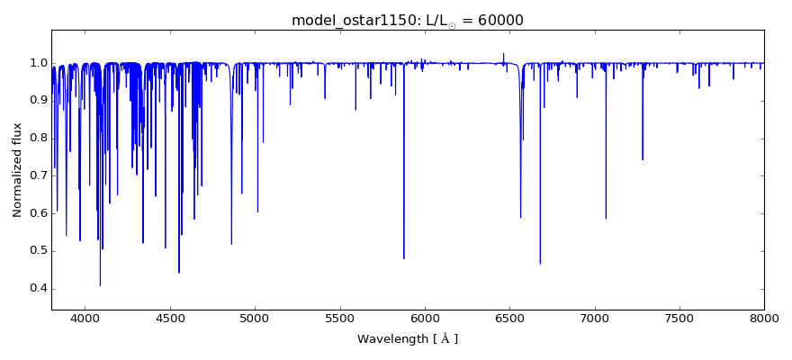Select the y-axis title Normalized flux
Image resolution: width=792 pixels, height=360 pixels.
point(18,170)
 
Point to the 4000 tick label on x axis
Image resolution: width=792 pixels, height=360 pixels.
point(85,319)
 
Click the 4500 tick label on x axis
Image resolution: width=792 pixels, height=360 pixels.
point(169,319)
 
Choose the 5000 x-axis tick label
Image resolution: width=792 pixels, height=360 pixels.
point(255,319)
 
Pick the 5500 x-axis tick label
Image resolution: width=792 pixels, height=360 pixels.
point(339,319)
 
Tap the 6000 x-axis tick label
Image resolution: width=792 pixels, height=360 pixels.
point(425,319)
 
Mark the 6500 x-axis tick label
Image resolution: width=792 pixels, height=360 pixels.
point(509,319)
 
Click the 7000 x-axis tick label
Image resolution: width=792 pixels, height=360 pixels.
point(594,319)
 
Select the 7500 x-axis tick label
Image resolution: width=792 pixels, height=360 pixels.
point(679,319)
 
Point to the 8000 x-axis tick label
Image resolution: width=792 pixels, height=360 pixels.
point(764,319)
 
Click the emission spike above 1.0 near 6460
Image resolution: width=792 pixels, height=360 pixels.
point(503,54)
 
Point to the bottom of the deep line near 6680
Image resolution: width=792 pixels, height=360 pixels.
point(540,263)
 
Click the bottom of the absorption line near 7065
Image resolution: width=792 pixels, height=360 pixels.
point(606,218)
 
